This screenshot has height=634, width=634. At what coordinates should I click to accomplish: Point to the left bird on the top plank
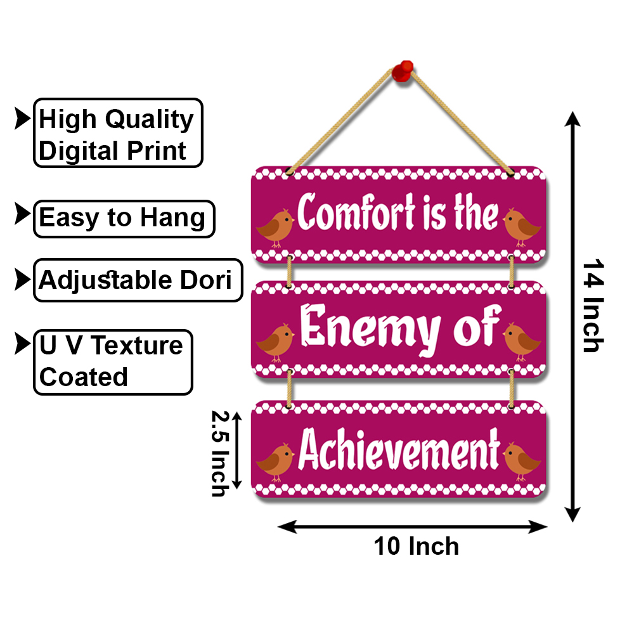[x=275, y=228]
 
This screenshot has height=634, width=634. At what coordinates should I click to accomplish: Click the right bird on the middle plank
[x=521, y=341]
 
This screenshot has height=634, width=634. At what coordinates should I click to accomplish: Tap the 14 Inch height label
[x=592, y=305]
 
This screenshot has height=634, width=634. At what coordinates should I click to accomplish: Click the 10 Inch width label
[x=416, y=546]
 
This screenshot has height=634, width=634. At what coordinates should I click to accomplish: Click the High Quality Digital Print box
[x=118, y=133]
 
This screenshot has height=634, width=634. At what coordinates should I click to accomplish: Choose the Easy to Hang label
[x=124, y=219]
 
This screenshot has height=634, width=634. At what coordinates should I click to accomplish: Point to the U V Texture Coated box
[x=112, y=361]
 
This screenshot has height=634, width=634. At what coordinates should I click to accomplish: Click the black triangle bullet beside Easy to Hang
[x=22, y=214]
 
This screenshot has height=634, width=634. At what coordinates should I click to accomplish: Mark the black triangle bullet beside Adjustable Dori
[x=22, y=278]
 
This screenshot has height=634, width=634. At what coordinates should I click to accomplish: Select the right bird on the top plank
[x=521, y=228]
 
